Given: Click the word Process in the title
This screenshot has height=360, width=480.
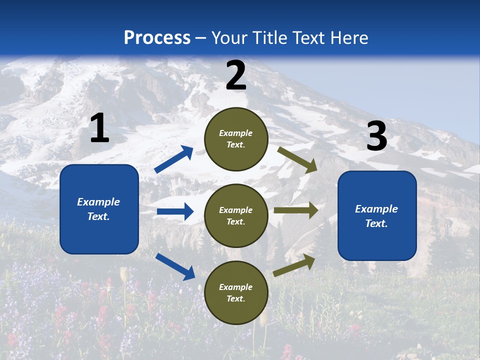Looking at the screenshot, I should pyautogui.click(x=157, y=38).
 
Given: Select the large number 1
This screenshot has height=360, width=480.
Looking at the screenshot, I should pyautogui.click(x=99, y=128).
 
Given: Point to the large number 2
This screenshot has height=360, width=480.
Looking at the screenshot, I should pyautogui.click(x=236, y=75).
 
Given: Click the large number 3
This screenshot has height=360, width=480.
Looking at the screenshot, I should pyautogui.click(x=376, y=136).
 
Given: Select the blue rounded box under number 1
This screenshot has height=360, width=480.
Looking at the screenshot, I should pyautogui.click(x=99, y=209).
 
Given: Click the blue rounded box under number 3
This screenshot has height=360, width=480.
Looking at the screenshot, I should pyautogui.click(x=377, y=215).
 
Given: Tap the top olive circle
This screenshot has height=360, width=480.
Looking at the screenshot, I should pyautogui.click(x=236, y=138).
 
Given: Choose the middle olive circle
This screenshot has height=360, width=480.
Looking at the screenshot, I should pyautogui.click(x=236, y=215).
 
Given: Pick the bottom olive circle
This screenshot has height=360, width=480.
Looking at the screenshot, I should pyautogui.click(x=236, y=292).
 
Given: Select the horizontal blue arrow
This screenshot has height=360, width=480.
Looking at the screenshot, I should pyautogui.click(x=175, y=211).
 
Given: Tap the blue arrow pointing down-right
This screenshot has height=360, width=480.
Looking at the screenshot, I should pyautogui.click(x=175, y=266).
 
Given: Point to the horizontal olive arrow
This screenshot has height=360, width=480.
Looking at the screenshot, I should pyautogui.click(x=295, y=210).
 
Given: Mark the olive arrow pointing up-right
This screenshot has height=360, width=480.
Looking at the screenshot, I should pyautogui.click(x=294, y=265).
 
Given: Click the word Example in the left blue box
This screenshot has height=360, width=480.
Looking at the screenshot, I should pyautogui.click(x=98, y=202).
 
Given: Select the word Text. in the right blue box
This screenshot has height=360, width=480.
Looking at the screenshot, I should pyautogui.click(x=376, y=223).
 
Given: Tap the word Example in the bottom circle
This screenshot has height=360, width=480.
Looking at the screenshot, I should pyautogui.click(x=236, y=287).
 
